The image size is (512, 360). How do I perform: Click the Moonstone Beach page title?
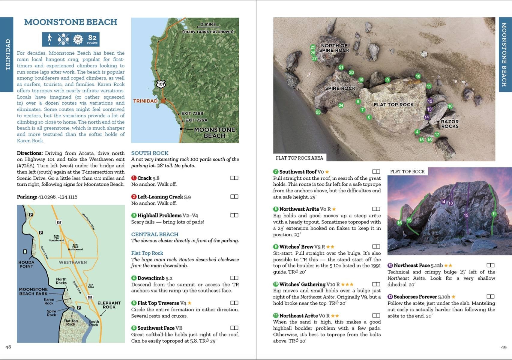[70, 22]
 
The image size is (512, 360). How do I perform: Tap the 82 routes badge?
[92, 39]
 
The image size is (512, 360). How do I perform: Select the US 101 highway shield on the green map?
[161, 84]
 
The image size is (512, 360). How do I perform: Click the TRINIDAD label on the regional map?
[145, 101]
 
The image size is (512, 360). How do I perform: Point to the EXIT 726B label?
[192, 113]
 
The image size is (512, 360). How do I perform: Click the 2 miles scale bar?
[208, 25]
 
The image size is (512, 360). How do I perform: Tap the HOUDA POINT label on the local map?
[26, 264]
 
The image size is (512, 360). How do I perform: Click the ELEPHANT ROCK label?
[109, 305]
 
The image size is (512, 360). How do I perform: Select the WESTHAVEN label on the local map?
[73, 262]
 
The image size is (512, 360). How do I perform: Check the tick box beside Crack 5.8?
[234, 178]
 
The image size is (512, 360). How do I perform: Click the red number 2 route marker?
[134, 197]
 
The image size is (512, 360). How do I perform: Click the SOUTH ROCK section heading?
[150, 153]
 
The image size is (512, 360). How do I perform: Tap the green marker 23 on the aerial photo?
[318, 112]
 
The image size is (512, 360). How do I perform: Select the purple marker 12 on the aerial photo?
[430, 101]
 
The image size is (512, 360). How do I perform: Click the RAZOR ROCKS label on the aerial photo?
[450, 124]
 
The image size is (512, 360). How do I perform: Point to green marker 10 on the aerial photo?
[418, 76]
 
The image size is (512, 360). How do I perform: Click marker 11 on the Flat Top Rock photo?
[494, 214]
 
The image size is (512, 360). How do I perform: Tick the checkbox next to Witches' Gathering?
[376, 284]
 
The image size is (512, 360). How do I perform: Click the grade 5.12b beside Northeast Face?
[436, 265]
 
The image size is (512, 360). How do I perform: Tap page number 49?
[504, 347]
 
